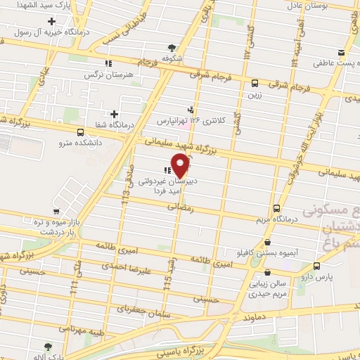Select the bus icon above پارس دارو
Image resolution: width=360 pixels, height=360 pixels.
point(316,266)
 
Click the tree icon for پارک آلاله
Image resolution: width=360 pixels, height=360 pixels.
point(47,347)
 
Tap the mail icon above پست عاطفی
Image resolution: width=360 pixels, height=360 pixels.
point(342,53)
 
